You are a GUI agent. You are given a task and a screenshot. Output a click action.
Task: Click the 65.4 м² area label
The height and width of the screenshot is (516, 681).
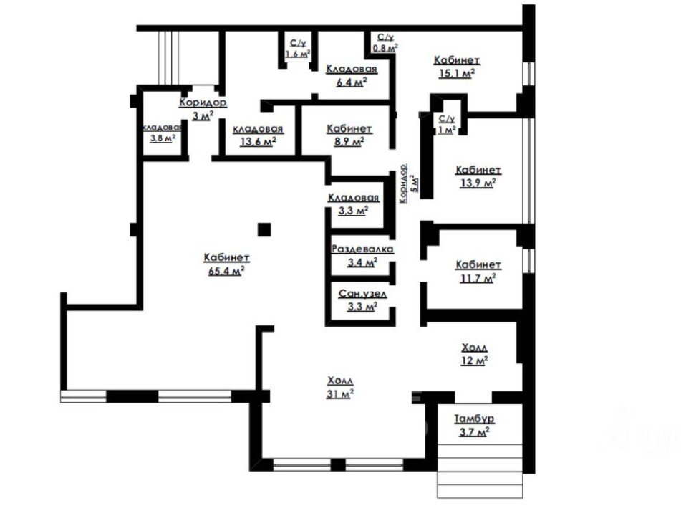pos(226,272)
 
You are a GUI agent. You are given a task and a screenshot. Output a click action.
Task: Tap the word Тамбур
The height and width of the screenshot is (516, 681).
pos(474,419)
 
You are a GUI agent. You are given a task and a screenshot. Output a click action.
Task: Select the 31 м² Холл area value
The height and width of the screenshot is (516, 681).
pos(339,394)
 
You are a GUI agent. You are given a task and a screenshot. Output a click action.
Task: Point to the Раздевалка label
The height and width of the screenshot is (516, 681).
pos(362,249)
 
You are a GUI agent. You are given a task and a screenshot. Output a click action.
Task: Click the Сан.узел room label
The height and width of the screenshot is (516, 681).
pos(362,294)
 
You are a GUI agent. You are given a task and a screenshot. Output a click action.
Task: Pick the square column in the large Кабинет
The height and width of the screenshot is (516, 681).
pos(264,229)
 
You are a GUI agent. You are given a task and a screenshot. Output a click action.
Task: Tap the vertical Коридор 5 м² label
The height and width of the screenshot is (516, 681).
pos(409,183)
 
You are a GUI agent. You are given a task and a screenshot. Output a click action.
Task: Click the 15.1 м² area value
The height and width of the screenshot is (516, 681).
pos(456,73)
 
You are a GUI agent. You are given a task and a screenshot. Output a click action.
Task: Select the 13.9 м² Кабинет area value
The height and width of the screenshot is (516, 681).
pos(478,183)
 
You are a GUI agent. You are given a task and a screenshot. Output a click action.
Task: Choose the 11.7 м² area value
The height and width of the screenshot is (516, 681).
pos(478,278)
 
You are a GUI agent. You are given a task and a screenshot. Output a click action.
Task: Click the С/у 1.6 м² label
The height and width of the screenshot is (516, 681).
pos(298,48)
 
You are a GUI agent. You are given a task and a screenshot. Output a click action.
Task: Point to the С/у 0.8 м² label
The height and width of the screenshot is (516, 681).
pos(385,42)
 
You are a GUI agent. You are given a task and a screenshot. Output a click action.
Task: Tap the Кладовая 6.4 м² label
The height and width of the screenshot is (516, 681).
pos(352,75)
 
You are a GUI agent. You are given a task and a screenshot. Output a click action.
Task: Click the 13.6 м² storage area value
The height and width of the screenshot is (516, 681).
pos(258,141)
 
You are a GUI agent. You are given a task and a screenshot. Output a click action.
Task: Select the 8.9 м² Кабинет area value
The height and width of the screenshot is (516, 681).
pos(349,141)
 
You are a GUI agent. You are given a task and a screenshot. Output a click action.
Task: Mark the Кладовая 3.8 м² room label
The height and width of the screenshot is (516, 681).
pos(162,133)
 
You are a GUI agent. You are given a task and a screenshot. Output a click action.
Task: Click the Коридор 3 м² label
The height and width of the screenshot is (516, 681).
pos(203,109)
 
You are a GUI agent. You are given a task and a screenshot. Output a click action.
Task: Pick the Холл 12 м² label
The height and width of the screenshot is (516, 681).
pos(474,354)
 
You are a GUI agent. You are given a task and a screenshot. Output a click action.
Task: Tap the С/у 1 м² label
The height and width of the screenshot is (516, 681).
pos(446,124)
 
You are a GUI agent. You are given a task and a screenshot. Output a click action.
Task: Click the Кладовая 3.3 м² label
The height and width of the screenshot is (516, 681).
pos(353,204)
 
